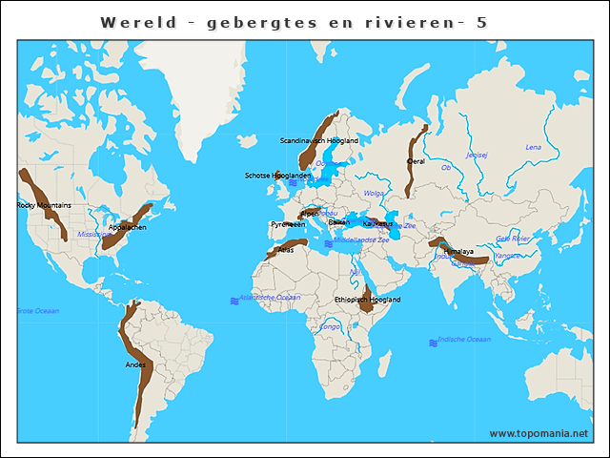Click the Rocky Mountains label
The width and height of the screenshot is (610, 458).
(x=44, y=205)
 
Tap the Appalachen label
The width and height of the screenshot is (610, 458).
(x=127, y=227)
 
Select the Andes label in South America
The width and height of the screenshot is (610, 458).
(x=135, y=364)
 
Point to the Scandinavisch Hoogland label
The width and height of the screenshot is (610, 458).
(x=318, y=140)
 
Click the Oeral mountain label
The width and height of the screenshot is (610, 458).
(x=416, y=161)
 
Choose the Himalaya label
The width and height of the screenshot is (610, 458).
(x=457, y=252)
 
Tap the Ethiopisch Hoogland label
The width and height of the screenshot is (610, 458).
(x=368, y=300)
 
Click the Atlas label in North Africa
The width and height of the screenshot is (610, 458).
(x=286, y=250)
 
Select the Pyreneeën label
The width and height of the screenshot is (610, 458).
(x=288, y=224)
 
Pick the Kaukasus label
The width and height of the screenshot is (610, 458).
(x=376, y=223)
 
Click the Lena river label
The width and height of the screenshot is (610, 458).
(x=533, y=147)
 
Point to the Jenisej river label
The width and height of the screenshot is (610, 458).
(x=477, y=155)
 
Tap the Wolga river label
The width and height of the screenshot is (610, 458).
(x=374, y=193)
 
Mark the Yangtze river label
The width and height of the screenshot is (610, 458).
(x=507, y=256)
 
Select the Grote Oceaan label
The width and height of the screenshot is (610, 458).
(x=37, y=311)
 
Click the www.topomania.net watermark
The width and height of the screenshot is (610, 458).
(x=539, y=433)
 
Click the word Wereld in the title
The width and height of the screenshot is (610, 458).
(x=138, y=22)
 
